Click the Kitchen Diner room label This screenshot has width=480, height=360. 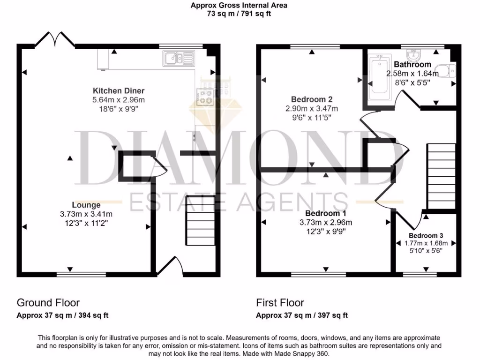click(119, 90)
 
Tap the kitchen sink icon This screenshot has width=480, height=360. click(178, 59)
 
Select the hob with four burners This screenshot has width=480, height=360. click(205, 97)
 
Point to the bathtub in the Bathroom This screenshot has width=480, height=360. click(378, 78)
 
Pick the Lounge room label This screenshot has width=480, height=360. click(86, 205)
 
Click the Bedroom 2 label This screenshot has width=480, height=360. click(312, 99)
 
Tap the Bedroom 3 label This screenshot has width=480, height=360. click(426, 235)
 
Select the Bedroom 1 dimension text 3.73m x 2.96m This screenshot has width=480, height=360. click(326, 223)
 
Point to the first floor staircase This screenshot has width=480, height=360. click(441, 176)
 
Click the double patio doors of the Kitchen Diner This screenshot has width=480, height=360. click(56, 40)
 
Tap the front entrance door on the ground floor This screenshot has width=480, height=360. click(169, 265)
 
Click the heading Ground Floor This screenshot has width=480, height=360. click(48, 303)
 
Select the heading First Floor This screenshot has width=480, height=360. click(280, 303)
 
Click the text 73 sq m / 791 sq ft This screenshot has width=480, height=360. click(239, 14)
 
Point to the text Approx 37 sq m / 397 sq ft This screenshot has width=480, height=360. click(302, 315)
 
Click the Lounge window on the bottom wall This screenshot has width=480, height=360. click(70, 274)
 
